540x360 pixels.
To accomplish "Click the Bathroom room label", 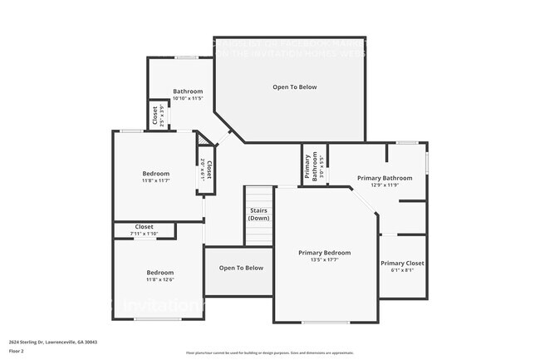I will point(188,91).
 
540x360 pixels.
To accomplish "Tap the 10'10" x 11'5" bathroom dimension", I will point(188,98).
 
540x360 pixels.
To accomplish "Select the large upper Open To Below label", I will point(295,86).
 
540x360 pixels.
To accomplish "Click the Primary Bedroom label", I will point(325,253).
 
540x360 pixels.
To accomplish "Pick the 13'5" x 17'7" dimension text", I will point(325,260).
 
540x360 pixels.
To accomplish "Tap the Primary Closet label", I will point(402,263).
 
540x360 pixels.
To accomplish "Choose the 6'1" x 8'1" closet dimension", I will point(402,270).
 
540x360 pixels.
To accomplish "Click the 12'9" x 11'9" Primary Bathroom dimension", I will point(385,185).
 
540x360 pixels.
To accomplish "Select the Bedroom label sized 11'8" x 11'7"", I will point(155,173).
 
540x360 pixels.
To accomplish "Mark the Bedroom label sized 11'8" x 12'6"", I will point(160,272).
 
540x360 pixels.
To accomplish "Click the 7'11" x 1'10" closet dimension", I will point(145,234).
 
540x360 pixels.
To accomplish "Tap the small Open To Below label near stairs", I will point(241,268).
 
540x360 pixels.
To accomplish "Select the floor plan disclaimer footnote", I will point(269,353).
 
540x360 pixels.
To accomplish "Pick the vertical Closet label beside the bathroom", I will point(155,115).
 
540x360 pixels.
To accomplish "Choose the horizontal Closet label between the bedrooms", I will point(145,226).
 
